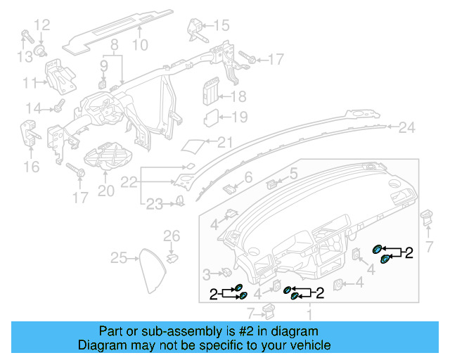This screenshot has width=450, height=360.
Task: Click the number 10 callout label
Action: pyautogui.click(x=140, y=46)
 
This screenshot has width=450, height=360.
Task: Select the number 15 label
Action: pyautogui.click(x=221, y=26)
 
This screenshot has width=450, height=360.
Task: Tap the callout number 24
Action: pyautogui.click(x=407, y=127)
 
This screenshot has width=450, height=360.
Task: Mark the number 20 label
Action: pyautogui.click(x=105, y=190)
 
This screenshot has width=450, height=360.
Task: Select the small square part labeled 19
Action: pyautogui.click(x=212, y=117)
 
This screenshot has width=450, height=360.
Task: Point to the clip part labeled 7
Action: pyautogui.click(x=427, y=216)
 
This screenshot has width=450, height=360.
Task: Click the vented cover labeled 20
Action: pyautogui.click(x=105, y=155)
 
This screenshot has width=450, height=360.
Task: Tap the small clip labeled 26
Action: pyautogui.click(x=172, y=250)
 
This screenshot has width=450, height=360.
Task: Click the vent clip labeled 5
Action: pyautogui.click(x=274, y=184)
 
